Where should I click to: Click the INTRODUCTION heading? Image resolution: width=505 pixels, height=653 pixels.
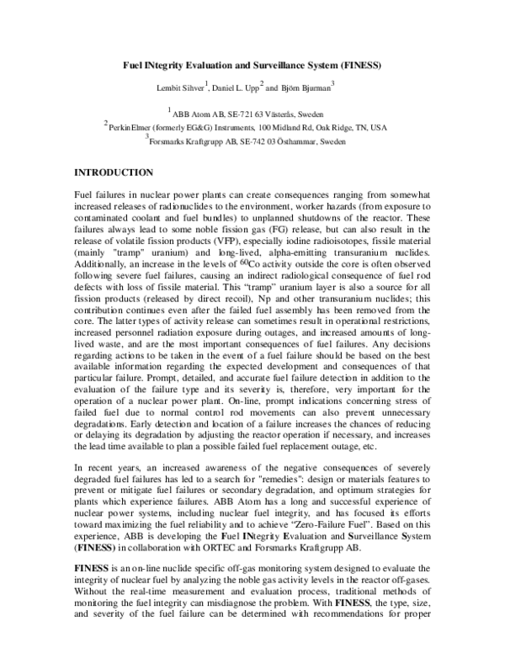point(114,173)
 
